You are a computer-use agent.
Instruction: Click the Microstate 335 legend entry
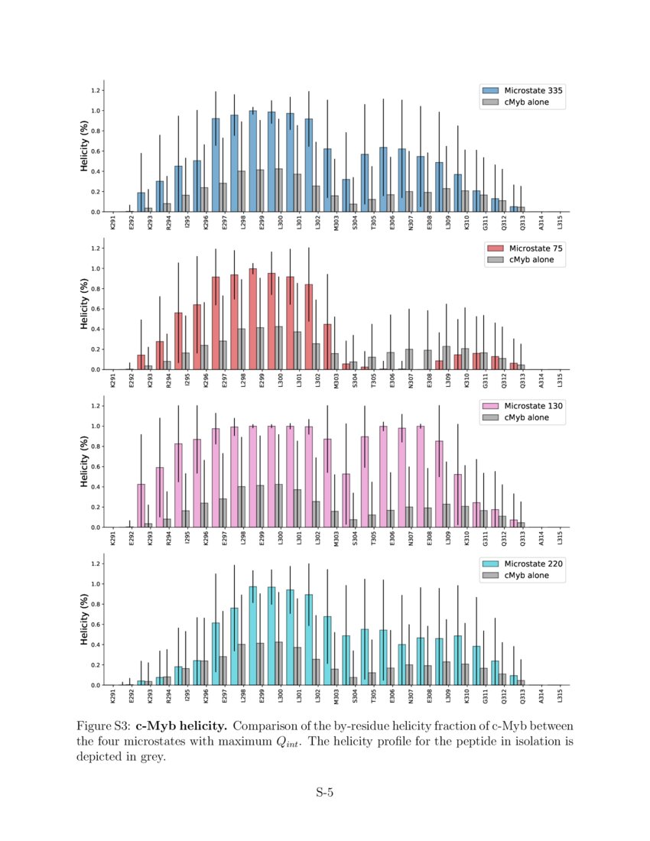[528, 90]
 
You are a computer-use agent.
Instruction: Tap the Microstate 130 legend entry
[528, 406]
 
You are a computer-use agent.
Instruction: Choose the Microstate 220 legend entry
[528, 564]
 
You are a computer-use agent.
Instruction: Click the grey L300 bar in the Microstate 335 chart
[278, 190]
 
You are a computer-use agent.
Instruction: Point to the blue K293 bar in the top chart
[141, 202]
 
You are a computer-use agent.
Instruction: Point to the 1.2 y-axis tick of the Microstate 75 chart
[97, 248]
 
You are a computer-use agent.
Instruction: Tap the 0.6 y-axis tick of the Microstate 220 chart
[97, 625]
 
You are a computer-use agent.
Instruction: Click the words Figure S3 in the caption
[104, 725]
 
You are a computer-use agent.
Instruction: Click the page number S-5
[325, 792]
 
